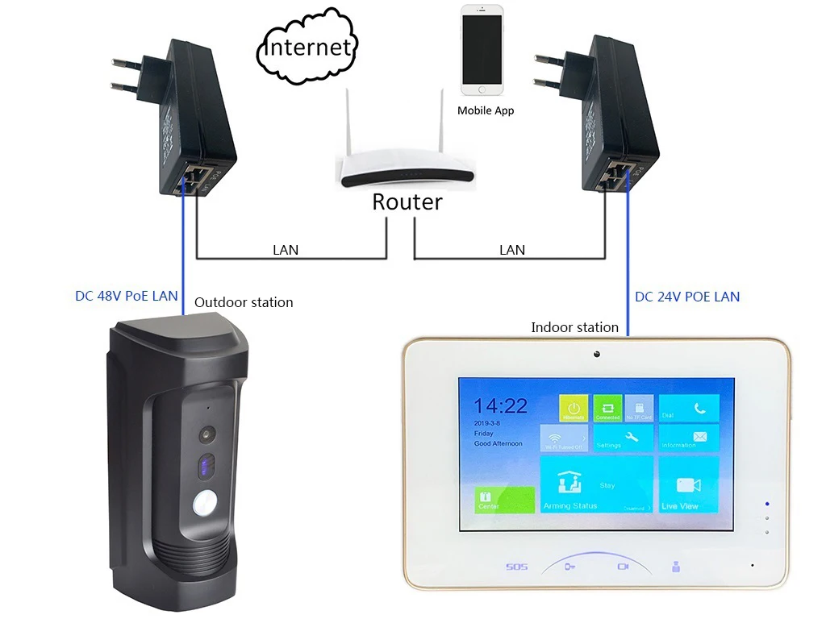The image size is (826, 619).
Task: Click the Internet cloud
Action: click(308, 47)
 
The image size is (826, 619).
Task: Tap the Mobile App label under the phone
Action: click(486, 110)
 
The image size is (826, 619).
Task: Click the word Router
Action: click(407, 201)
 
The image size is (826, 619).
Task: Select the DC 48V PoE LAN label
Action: click(127, 296)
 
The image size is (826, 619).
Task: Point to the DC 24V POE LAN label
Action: click(687, 297)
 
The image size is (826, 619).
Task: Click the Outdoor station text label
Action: click(244, 302)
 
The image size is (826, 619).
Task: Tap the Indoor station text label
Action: click(574, 327)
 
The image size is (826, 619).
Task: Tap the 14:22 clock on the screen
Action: click(500, 405)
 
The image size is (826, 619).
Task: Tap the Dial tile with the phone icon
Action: click(688, 409)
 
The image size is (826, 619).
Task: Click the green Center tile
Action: click(504, 500)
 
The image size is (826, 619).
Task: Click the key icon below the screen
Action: click(570, 567)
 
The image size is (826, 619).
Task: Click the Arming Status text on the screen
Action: click(569, 505)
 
